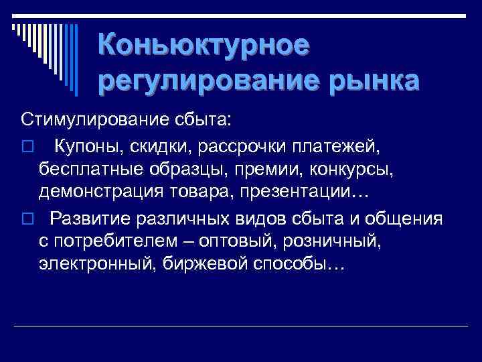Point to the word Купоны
point(86,145)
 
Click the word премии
point(263,170)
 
